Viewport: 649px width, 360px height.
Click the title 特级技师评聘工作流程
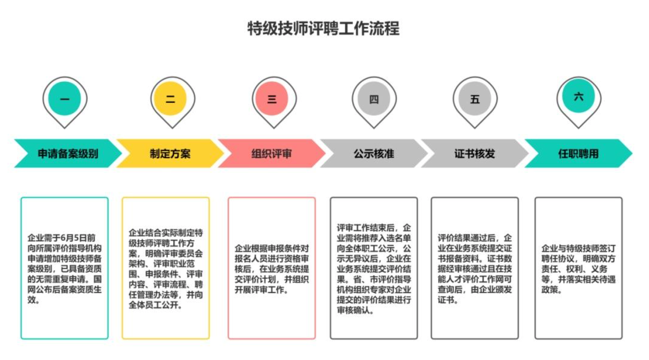323,28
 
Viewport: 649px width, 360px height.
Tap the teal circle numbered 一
64,98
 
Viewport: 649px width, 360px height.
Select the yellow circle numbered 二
170,98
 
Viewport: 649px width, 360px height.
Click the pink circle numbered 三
272,98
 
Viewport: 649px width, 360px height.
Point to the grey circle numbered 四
374,98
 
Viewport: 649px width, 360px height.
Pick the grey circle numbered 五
475,98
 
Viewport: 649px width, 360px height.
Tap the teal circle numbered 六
579,96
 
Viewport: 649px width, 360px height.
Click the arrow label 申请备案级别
68,154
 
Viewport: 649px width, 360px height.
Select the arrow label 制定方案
170,154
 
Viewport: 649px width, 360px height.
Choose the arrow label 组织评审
272,154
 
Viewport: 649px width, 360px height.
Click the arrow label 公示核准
374,154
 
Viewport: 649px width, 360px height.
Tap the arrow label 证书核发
474,154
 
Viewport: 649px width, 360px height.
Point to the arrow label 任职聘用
578,154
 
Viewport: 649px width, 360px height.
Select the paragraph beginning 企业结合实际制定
166,269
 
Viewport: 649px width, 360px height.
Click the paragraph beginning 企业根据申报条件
272,269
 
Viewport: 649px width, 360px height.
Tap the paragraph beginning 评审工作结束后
374,269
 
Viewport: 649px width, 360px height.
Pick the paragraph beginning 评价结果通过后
475,269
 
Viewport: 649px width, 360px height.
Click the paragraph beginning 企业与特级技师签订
579,269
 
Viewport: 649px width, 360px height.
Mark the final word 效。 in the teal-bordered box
34,300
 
